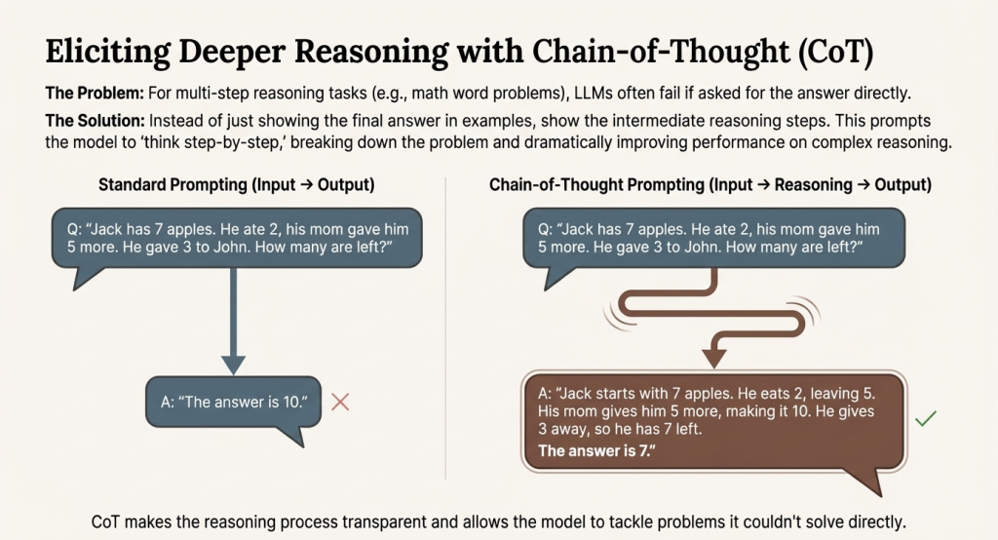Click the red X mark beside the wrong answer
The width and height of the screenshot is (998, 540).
coord(340,402)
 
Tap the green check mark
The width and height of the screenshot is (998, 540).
coord(926,418)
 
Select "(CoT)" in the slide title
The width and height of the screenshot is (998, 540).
coord(835,52)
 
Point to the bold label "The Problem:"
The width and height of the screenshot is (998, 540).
coord(95,93)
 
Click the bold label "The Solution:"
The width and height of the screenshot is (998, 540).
coord(96,121)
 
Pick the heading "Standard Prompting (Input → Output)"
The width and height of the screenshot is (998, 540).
coord(236,184)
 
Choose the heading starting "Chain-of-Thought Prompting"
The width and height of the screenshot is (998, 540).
coord(710,184)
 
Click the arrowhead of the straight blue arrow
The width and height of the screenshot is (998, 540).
coord(234,365)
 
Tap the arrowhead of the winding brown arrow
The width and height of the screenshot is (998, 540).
coord(714,358)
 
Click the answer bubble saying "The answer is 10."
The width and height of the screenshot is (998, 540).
coord(234,403)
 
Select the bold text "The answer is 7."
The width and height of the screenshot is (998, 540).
coord(596,451)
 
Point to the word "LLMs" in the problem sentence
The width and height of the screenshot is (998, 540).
coord(595,93)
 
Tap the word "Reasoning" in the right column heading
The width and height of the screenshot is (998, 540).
coord(813,184)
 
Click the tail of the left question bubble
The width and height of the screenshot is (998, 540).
coord(87,278)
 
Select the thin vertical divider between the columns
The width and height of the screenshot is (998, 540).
coord(445,328)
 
